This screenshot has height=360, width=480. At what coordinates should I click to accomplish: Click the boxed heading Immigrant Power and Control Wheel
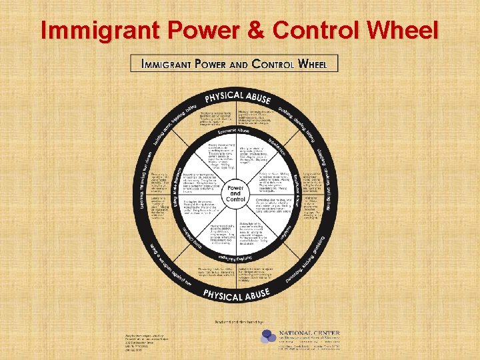pyautogui.click(x=235, y=63)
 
